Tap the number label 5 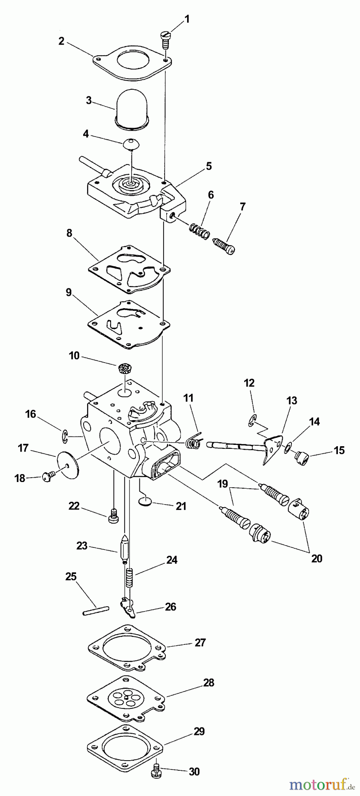coord(208,166)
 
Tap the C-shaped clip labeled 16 coord(64,437)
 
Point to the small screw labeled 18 coord(47,476)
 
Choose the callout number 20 coord(316,559)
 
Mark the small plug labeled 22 coord(113,516)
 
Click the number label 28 coord(208,683)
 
